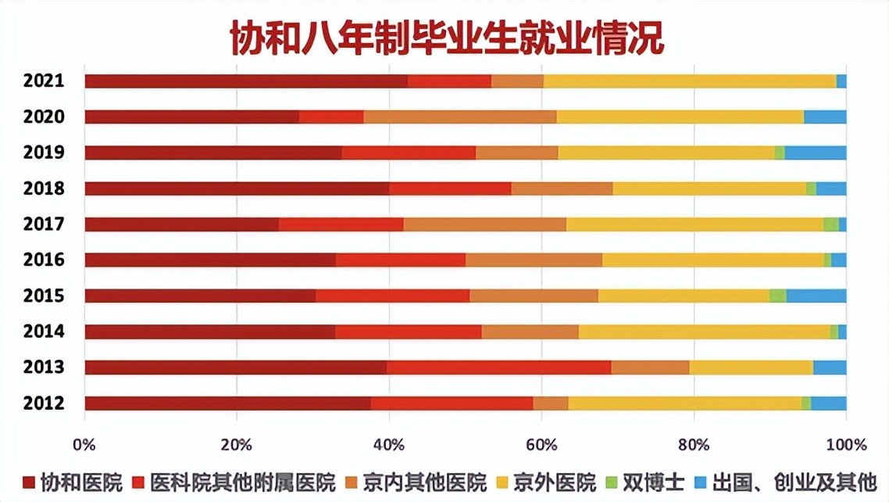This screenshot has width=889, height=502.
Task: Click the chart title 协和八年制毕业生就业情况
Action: click(x=446, y=37)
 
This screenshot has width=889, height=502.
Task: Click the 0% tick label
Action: click(x=84, y=444)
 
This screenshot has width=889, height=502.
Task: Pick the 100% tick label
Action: click(x=846, y=444)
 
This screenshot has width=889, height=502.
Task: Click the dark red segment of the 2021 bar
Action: click(x=245, y=81)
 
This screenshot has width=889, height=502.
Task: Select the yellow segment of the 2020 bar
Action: click(x=680, y=117)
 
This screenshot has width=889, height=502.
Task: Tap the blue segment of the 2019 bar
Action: click(x=815, y=153)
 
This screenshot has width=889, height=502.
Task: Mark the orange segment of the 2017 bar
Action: click(x=484, y=225)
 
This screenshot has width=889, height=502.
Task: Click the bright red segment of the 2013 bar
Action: click(x=498, y=368)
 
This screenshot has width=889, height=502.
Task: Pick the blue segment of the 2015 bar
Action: click(x=816, y=296)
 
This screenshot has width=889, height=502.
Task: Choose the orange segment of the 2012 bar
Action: click(x=550, y=403)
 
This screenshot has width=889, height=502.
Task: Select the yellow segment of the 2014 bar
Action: click(x=704, y=332)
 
